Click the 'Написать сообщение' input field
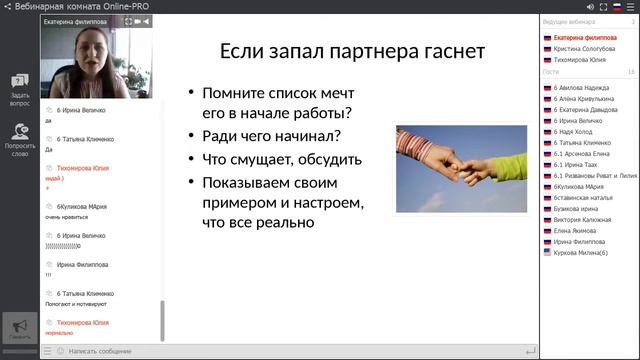(x=100, y=351)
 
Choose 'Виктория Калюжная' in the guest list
(x=586, y=215)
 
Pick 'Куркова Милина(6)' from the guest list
(x=582, y=252)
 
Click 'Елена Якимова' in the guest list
(x=578, y=228)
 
